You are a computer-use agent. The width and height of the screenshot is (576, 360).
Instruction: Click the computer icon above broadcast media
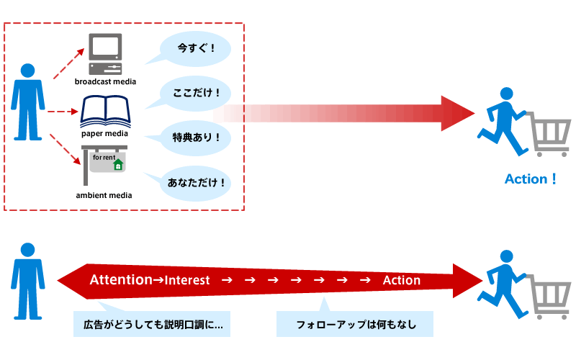tap(105, 54)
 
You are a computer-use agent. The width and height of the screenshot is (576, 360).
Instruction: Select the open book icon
tap(105, 112)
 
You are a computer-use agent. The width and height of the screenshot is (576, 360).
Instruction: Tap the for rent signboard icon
tap(105, 165)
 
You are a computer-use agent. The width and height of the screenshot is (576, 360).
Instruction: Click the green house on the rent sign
tap(118, 165)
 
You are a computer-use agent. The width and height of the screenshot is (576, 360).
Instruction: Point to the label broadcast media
tap(105, 81)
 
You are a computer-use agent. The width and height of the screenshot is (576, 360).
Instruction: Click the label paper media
tap(105, 133)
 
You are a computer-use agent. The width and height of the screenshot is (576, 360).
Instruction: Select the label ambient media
tap(105, 195)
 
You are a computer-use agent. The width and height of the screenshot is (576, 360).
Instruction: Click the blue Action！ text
tap(531, 179)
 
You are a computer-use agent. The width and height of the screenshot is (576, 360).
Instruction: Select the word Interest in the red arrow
tap(186, 280)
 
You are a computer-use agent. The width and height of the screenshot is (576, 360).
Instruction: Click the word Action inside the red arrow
tap(401, 280)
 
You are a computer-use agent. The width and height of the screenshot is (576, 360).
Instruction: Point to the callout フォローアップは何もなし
tap(356, 324)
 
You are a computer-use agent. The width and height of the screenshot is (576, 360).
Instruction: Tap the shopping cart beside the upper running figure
tap(550, 134)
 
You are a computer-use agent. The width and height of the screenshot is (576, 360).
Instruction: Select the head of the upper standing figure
tap(28, 71)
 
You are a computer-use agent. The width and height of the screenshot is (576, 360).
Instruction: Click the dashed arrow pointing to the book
tap(63, 112)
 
